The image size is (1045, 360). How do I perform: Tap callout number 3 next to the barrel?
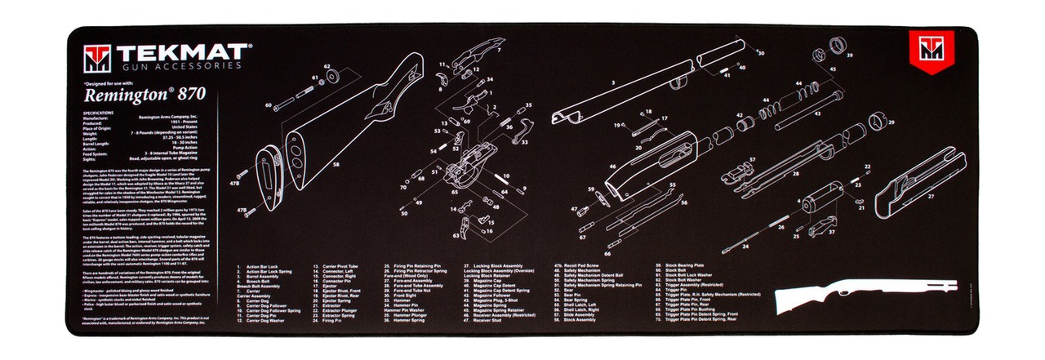pos(611,82)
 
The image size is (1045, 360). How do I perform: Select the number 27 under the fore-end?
pos(930,197)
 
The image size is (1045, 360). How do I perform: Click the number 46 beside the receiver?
pos(611,167)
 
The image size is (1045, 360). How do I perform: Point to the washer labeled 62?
pos(333,76)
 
